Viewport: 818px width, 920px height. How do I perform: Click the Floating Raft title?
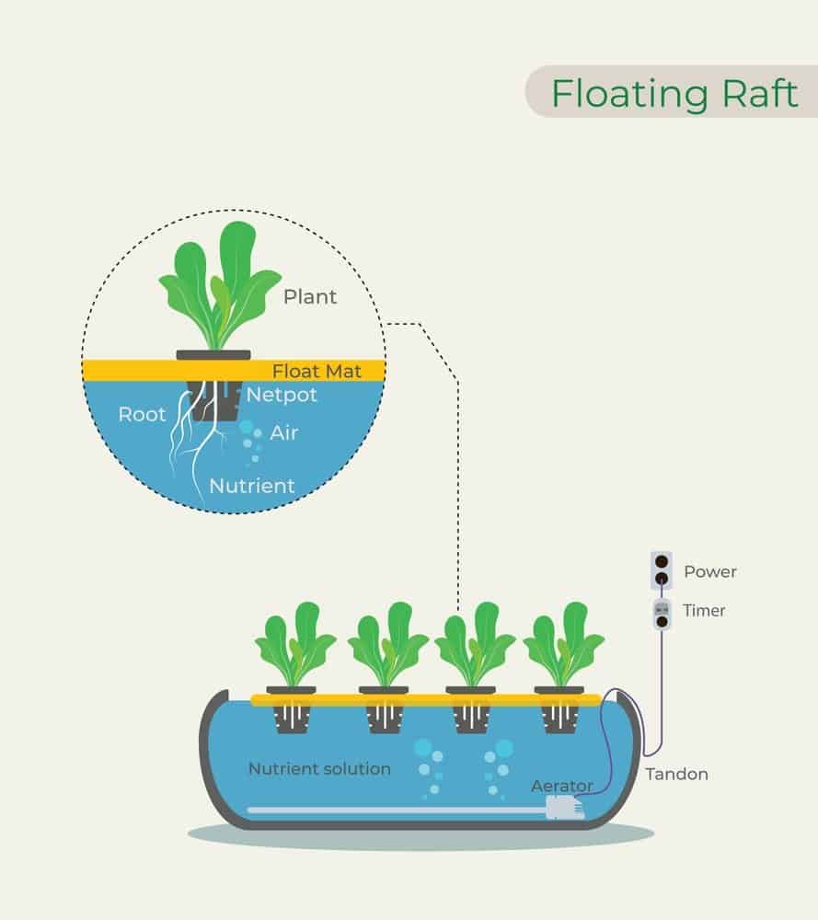[674, 93]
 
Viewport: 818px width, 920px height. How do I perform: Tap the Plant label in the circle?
[310, 296]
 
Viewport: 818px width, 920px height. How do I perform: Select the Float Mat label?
[317, 371]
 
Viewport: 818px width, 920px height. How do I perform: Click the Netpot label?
[282, 396]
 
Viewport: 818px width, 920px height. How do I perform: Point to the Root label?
[142, 414]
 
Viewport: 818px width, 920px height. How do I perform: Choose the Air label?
[284, 432]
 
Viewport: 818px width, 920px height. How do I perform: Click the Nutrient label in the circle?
[252, 485]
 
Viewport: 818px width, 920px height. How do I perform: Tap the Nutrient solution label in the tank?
[319, 768]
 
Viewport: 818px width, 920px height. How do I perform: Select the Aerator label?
[562, 787]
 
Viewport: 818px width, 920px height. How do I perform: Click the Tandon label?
[676, 774]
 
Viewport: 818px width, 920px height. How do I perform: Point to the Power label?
[709, 572]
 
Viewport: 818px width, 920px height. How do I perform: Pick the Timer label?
[704, 610]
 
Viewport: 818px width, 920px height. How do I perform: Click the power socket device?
[662, 570]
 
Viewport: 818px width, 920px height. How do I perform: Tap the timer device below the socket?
[662, 614]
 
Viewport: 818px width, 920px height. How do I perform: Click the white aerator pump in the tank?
[564, 808]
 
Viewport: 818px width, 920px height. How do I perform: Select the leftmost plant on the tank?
[293, 644]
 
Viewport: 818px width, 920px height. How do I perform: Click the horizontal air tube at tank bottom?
[396, 810]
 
